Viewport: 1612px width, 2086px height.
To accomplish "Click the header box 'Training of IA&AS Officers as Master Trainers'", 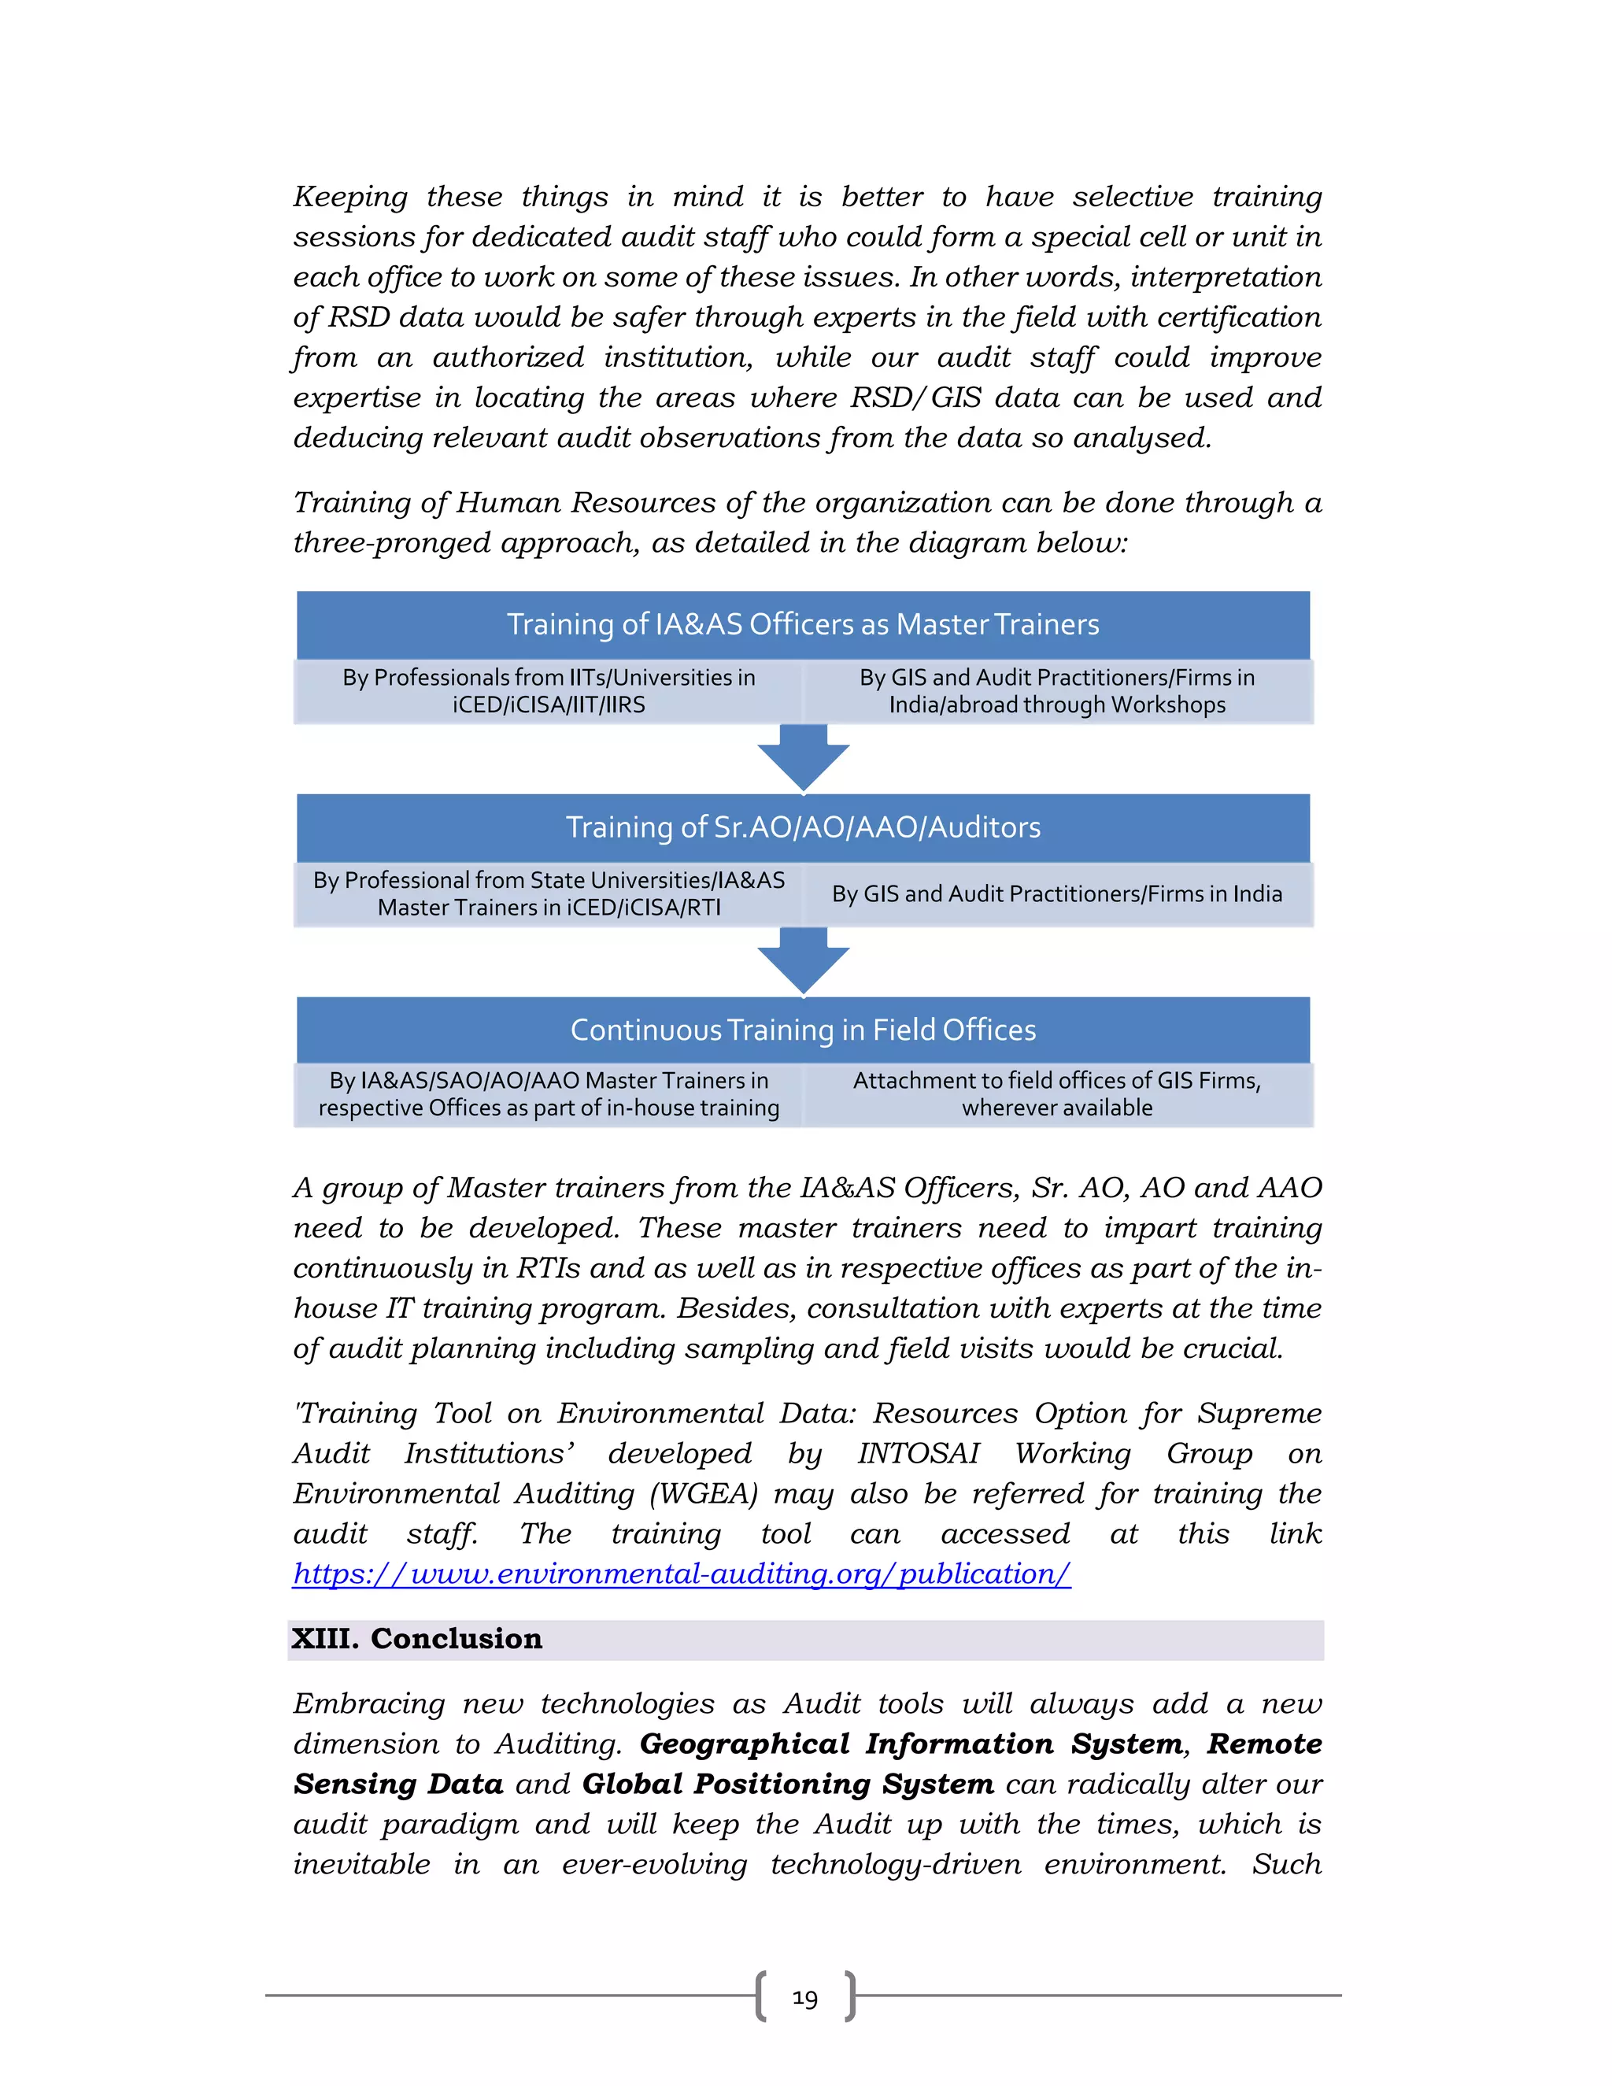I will click(802, 625).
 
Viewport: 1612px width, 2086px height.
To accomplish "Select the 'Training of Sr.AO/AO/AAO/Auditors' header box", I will click(802, 827).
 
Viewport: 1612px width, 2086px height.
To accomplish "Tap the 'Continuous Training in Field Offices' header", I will click(802, 1030).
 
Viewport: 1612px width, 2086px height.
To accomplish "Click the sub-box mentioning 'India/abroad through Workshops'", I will click(1057, 691).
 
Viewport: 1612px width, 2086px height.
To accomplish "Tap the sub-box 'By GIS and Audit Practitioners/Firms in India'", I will click(1057, 894).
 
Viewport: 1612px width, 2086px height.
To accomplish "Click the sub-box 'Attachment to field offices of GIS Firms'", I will click(1057, 1095).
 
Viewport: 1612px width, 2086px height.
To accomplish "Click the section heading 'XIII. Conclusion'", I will click(416, 1639).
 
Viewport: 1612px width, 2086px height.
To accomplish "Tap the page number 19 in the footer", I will click(805, 1998).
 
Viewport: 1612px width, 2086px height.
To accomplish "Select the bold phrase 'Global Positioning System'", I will click(787, 1785).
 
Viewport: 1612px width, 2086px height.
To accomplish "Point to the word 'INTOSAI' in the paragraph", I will click(918, 1454).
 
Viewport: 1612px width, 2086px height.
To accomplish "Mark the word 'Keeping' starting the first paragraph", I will click(349, 197).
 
